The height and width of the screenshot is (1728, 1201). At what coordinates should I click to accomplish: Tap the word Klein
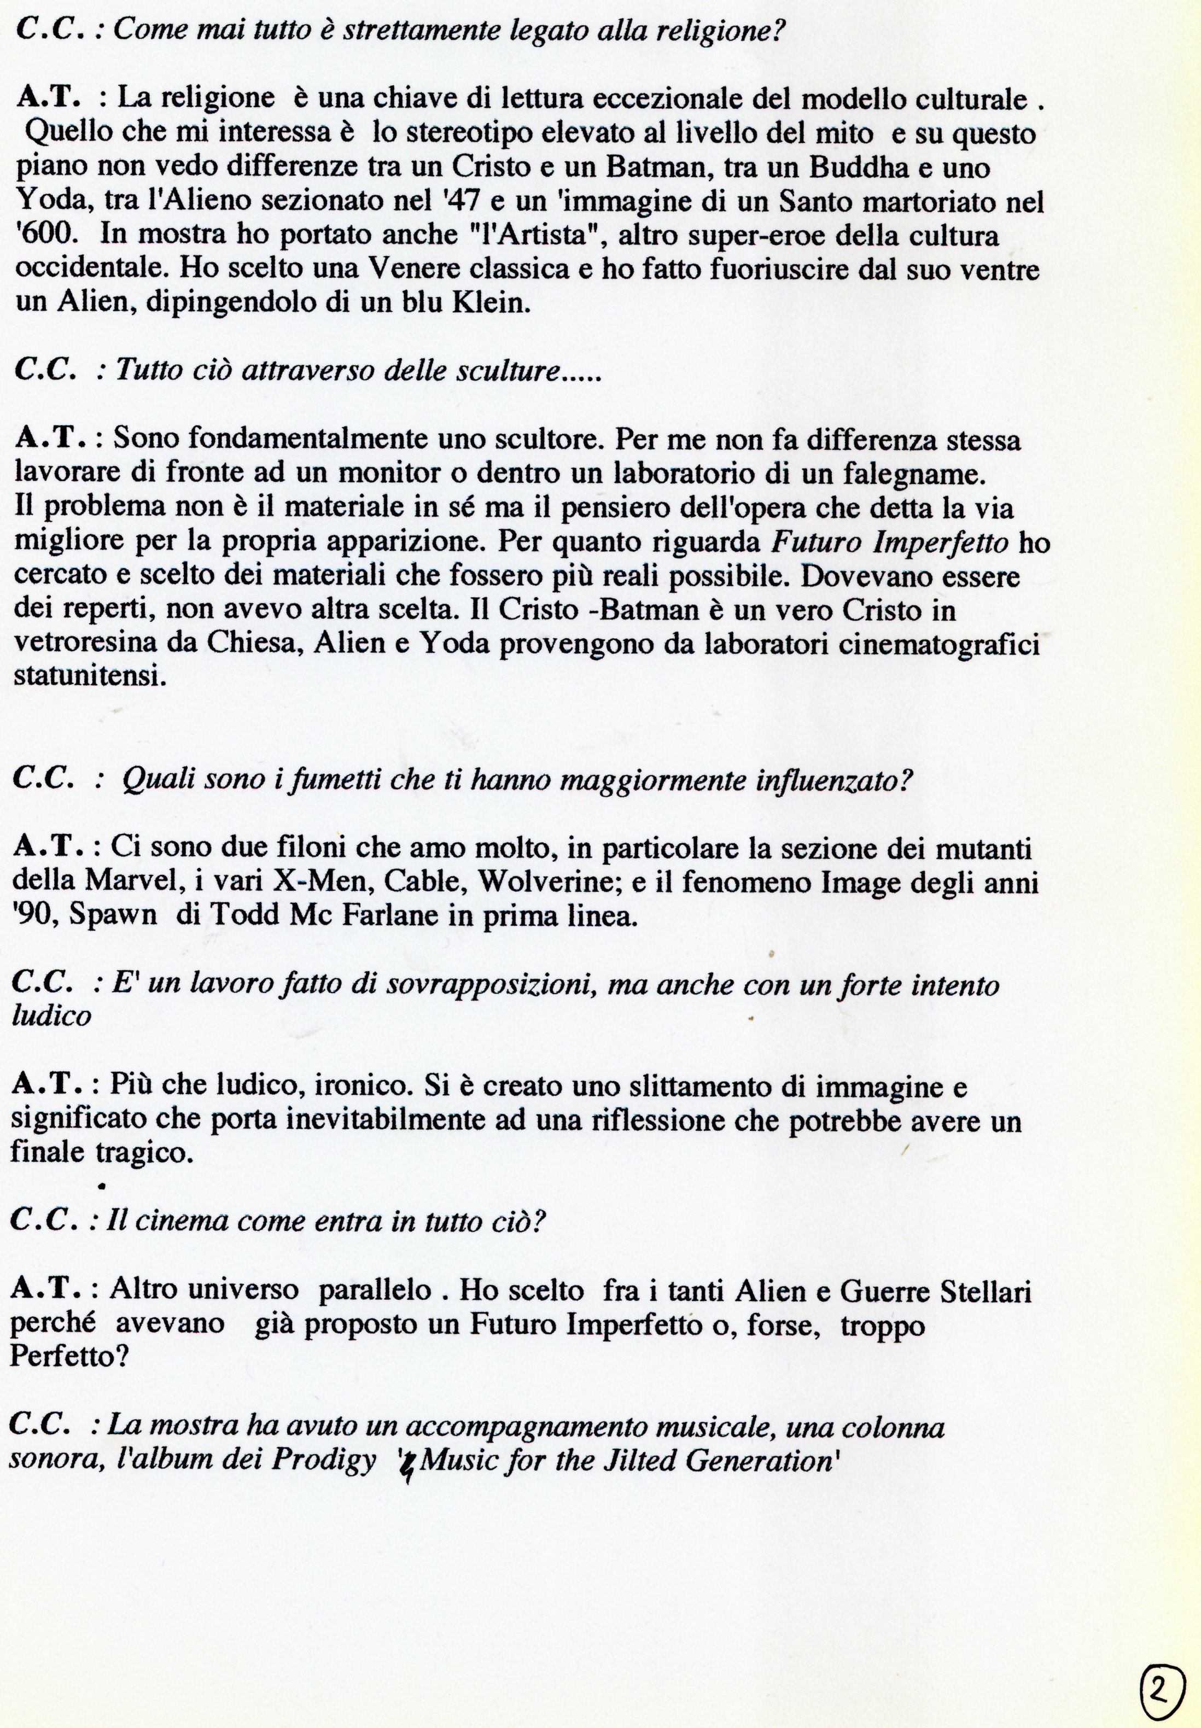pos(491,302)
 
